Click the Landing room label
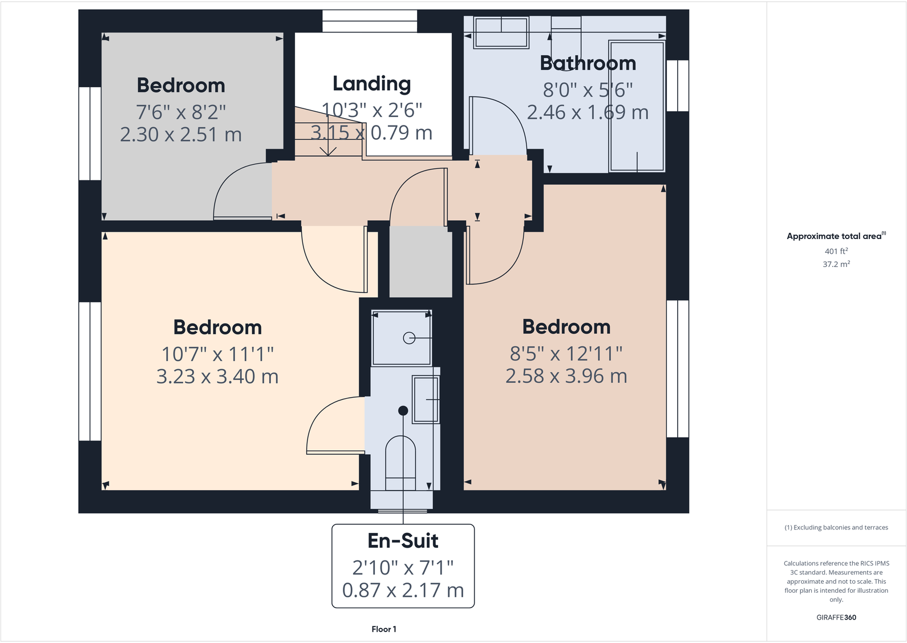point(371,84)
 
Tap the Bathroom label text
point(588,63)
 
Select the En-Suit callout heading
point(403,540)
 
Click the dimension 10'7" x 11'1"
point(217,354)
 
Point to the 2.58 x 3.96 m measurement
point(566,376)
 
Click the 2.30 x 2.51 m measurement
point(181,135)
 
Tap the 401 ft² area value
point(836,251)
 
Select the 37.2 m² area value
point(836,264)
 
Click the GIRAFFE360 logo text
point(836,617)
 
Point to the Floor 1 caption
point(383,629)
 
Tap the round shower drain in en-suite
point(409,338)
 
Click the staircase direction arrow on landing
point(327,149)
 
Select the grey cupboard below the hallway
point(420,261)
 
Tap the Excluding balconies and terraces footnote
point(836,528)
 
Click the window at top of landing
point(370,21)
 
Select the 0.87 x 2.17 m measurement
point(403,591)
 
